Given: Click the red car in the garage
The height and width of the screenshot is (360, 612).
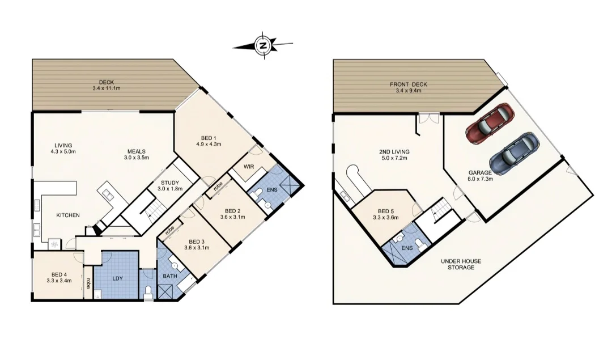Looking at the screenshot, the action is point(490,124).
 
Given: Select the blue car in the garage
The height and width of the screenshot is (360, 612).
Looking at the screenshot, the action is point(515,154).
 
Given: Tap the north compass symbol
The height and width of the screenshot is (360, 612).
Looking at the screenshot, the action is point(263,45).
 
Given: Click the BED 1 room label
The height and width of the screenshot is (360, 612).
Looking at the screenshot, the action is point(209,138).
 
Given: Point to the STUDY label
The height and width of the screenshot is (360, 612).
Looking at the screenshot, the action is point(170,183).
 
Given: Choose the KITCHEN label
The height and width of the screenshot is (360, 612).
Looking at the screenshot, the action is point(68,215).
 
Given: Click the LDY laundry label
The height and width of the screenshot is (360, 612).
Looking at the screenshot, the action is point(117,278).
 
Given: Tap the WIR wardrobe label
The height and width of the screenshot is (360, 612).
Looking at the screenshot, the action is point(249,167).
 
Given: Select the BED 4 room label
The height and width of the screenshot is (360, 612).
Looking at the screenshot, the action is point(59,274).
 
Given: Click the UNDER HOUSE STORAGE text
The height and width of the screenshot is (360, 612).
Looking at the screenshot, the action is point(461,264).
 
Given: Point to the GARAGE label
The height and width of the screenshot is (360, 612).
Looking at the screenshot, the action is point(480,172).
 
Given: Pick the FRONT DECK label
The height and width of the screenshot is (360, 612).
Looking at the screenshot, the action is point(408,84).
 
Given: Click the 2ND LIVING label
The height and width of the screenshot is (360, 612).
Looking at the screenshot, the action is point(394,151).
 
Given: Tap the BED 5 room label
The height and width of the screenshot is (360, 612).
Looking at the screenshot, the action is point(386,211).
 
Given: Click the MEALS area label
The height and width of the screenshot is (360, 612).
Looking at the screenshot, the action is point(137,151).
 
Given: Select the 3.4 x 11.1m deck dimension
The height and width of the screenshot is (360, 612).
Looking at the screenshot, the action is point(106,88).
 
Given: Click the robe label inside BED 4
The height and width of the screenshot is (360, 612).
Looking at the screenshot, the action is point(88,283).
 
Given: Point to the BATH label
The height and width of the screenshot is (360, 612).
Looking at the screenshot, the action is point(170,276).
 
